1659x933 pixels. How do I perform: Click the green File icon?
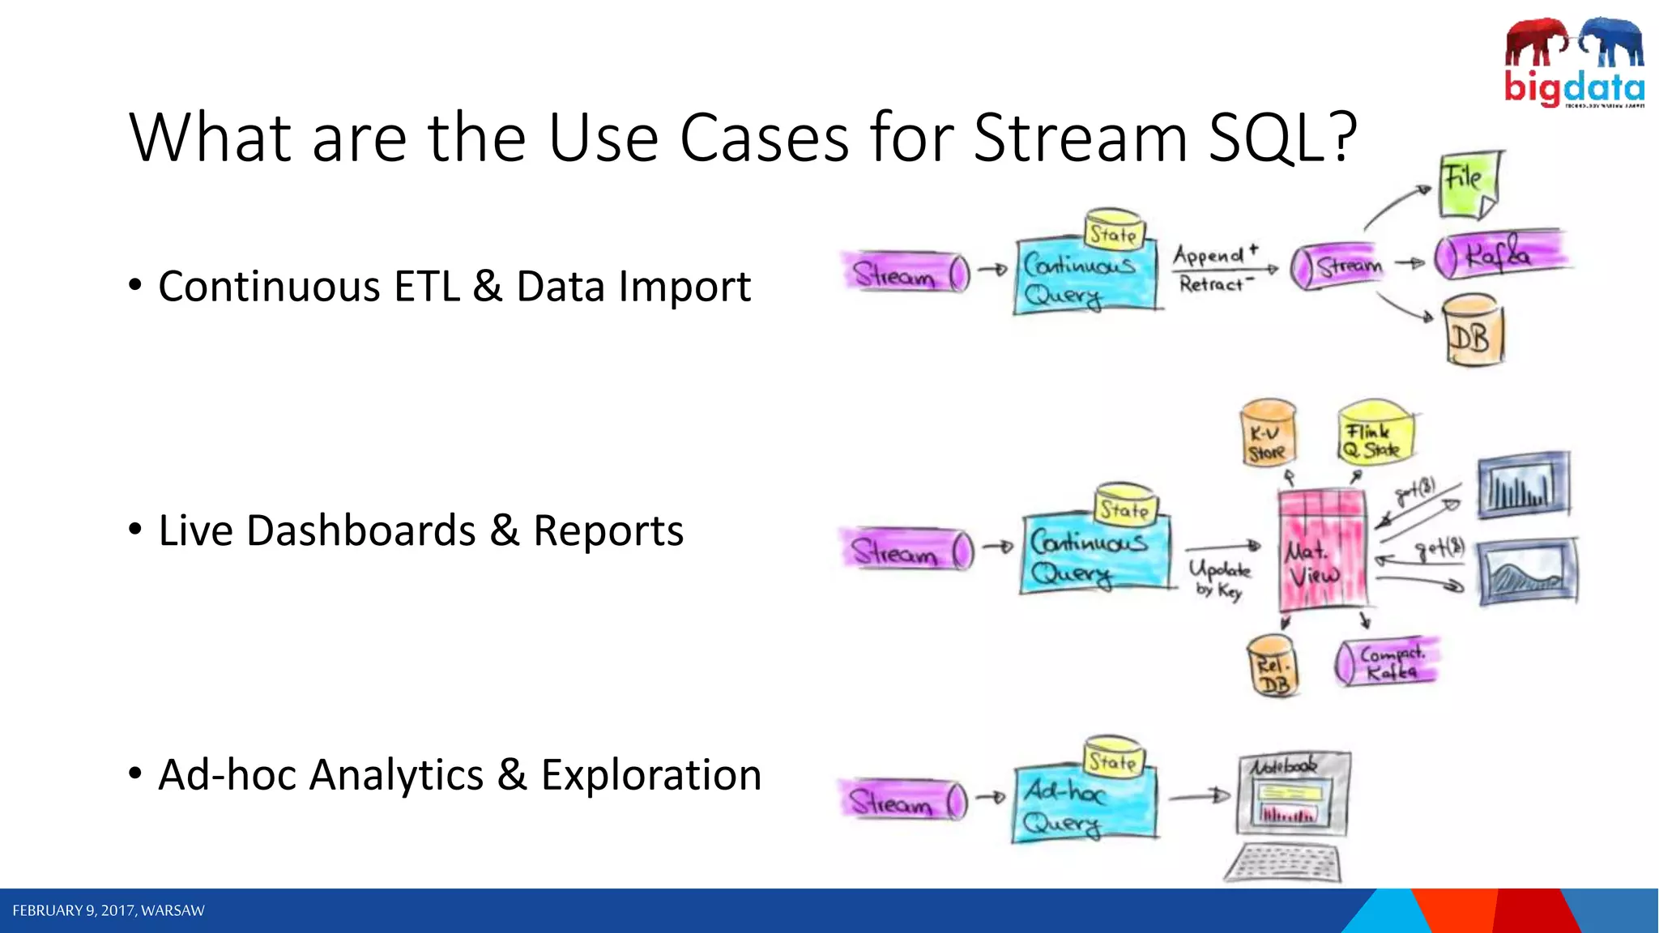1469,185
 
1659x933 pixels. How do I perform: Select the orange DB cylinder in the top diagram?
1472,332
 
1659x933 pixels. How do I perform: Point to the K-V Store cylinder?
1268,434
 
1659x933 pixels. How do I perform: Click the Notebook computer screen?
1294,797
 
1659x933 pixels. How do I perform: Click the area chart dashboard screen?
1528,572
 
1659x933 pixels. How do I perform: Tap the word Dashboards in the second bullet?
360,531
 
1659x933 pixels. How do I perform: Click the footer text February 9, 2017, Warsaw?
109,910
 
